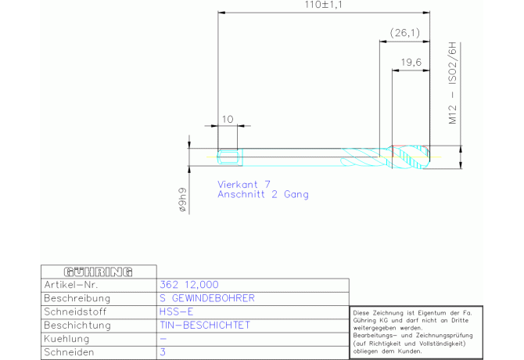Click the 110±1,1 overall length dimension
(x=323, y=5)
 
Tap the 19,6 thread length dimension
(x=411, y=62)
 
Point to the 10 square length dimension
(x=228, y=119)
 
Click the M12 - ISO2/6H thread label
(x=452, y=83)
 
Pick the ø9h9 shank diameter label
(x=182, y=200)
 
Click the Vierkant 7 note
(x=243, y=184)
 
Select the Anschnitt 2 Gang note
(x=263, y=194)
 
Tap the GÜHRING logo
(x=99, y=272)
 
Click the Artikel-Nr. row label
(x=71, y=285)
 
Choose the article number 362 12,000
(x=189, y=285)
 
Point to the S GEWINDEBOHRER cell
(x=207, y=298)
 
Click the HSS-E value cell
(x=176, y=311)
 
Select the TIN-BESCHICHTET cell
(x=205, y=326)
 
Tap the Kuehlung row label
(x=66, y=339)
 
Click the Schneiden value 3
(x=163, y=352)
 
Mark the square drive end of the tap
(x=229, y=157)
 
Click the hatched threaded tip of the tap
(x=411, y=157)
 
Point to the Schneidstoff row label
(x=75, y=311)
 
